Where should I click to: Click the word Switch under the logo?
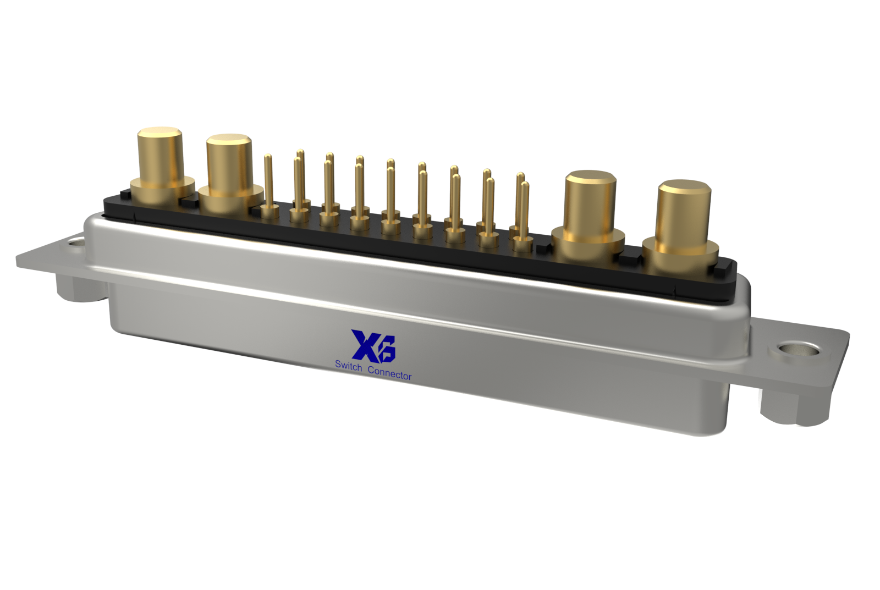point(348,365)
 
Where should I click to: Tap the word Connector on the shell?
point(389,373)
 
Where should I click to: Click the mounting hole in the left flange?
point(76,241)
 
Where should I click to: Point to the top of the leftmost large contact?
point(159,133)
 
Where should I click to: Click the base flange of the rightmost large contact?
point(680,258)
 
